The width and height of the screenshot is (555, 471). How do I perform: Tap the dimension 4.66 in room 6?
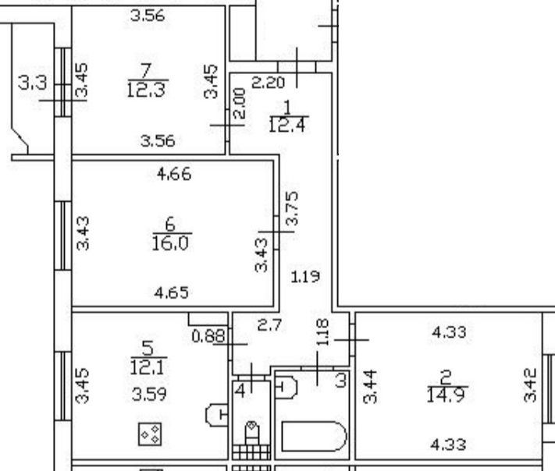[173, 174]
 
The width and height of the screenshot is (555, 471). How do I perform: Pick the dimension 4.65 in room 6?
[173, 293]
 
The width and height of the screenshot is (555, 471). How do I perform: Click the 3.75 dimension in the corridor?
[292, 209]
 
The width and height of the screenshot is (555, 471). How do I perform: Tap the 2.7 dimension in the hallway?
[269, 325]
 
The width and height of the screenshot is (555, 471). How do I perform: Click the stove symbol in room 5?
[150, 434]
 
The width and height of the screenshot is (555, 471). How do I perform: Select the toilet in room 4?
[252, 431]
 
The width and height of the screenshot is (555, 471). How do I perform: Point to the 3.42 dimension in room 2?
[531, 388]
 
